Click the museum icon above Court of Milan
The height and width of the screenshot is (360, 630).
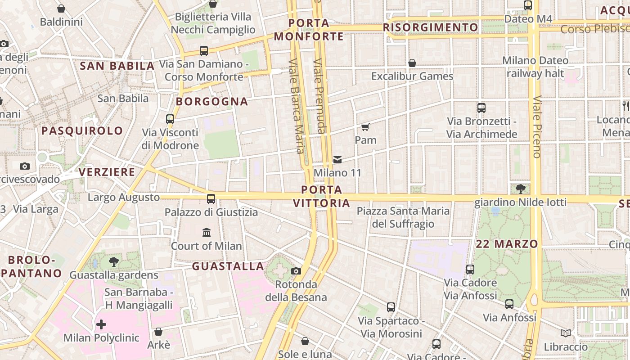[207, 233]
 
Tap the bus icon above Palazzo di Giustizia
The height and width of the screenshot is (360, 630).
[211, 198]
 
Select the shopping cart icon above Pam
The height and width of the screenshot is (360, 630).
[365, 127]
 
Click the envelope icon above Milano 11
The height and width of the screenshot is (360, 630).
[337, 159]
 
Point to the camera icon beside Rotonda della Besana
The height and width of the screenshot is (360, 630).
[296, 271]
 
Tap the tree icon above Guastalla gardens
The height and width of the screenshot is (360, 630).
[114, 261]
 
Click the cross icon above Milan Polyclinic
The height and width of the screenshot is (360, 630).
[101, 324]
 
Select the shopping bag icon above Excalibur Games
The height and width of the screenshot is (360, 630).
[412, 63]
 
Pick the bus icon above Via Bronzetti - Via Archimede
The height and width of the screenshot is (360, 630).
[481, 108]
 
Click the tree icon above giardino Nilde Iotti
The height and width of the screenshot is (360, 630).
[520, 189]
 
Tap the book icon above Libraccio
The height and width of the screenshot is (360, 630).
[566, 333]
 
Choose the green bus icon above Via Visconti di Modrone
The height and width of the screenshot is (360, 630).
[170, 119]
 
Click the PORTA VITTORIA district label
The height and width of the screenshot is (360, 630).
[321, 196]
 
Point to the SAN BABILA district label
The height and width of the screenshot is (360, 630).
[117, 66]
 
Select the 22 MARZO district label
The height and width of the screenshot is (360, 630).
[507, 244]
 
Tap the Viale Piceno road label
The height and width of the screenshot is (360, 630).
[536, 127]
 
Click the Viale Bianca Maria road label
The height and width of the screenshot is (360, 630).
[297, 106]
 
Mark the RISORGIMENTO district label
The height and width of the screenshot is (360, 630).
[430, 27]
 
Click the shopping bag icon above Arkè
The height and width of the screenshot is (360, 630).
[158, 332]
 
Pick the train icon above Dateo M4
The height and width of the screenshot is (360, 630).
[527, 5]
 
